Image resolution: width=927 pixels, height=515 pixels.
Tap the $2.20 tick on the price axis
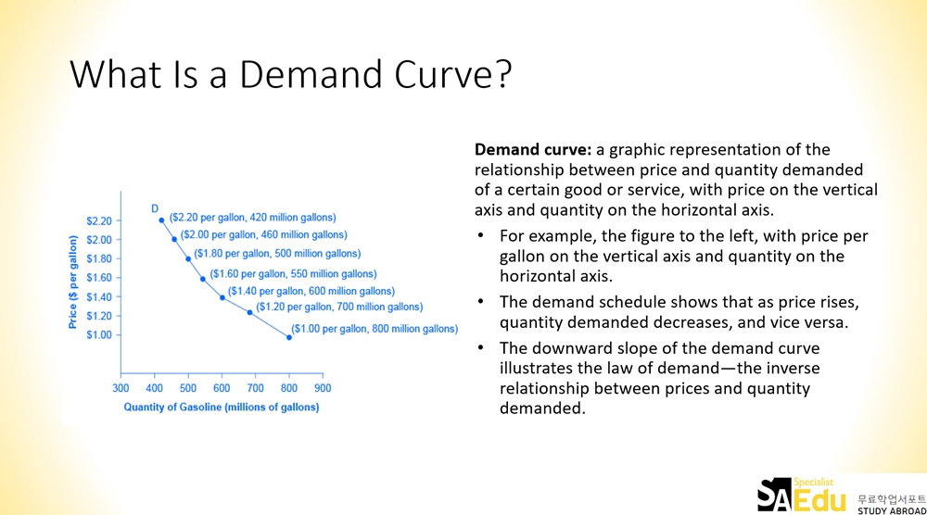click(x=99, y=220)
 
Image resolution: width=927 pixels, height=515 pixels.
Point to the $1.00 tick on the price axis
click(x=99, y=335)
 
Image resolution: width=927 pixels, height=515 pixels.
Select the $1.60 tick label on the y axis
click(x=99, y=278)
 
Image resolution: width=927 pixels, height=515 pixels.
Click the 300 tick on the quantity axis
click(x=121, y=388)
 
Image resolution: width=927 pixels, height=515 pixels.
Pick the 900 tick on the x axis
click(x=323, y=388)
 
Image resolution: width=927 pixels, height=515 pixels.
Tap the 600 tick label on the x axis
click(x=222, y=388)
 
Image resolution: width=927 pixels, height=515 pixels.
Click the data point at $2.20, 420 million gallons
click(x=161, y=220)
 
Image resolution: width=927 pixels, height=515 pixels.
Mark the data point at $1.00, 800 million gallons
click(x=289, y=337)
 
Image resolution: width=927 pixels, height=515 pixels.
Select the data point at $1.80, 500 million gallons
click(x=188, y=258)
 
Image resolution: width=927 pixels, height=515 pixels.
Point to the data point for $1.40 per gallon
click(x=222, y=297)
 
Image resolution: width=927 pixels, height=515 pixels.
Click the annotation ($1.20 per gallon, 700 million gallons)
click(x=339, y=308)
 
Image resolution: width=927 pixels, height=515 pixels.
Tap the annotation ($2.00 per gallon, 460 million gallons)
click(x=263, y=234)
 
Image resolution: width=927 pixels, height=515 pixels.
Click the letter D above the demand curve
click(x=155, y=208)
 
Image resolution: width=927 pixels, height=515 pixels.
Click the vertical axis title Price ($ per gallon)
click(x=72, y=282)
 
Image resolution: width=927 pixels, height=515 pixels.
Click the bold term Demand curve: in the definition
click(x=533, y=149)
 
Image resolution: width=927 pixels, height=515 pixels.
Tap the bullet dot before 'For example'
click(x=481, y=235)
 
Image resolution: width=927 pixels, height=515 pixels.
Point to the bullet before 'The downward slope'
click(x=481, y=348)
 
